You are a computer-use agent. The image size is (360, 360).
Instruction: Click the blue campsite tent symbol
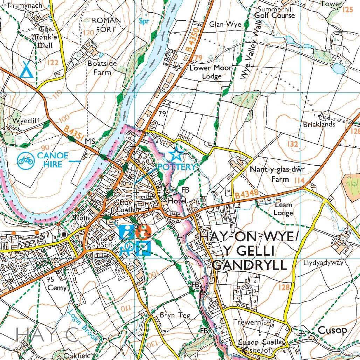click(26, 69)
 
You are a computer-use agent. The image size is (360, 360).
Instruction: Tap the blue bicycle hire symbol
click(26, 160)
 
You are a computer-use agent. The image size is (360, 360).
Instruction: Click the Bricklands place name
click(319, 124)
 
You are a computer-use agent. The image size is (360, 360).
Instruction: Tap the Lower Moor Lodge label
click(210, 72)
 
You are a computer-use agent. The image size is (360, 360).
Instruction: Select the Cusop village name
click(332, 330)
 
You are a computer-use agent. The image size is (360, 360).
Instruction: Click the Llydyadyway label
click(324, 263)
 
